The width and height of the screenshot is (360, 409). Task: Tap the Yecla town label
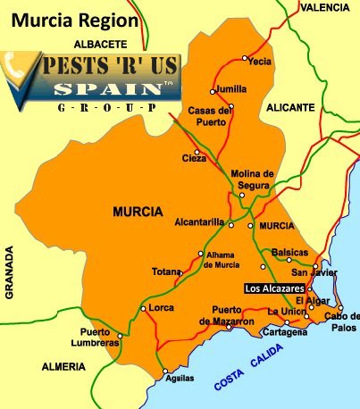coord(259,62)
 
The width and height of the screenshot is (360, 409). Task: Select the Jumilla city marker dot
coord(213,90)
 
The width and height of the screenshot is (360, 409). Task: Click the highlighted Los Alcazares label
coord(274,288)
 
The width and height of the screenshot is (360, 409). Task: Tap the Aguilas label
coord(180,379)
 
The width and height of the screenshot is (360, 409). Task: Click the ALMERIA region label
coord(63,367)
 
